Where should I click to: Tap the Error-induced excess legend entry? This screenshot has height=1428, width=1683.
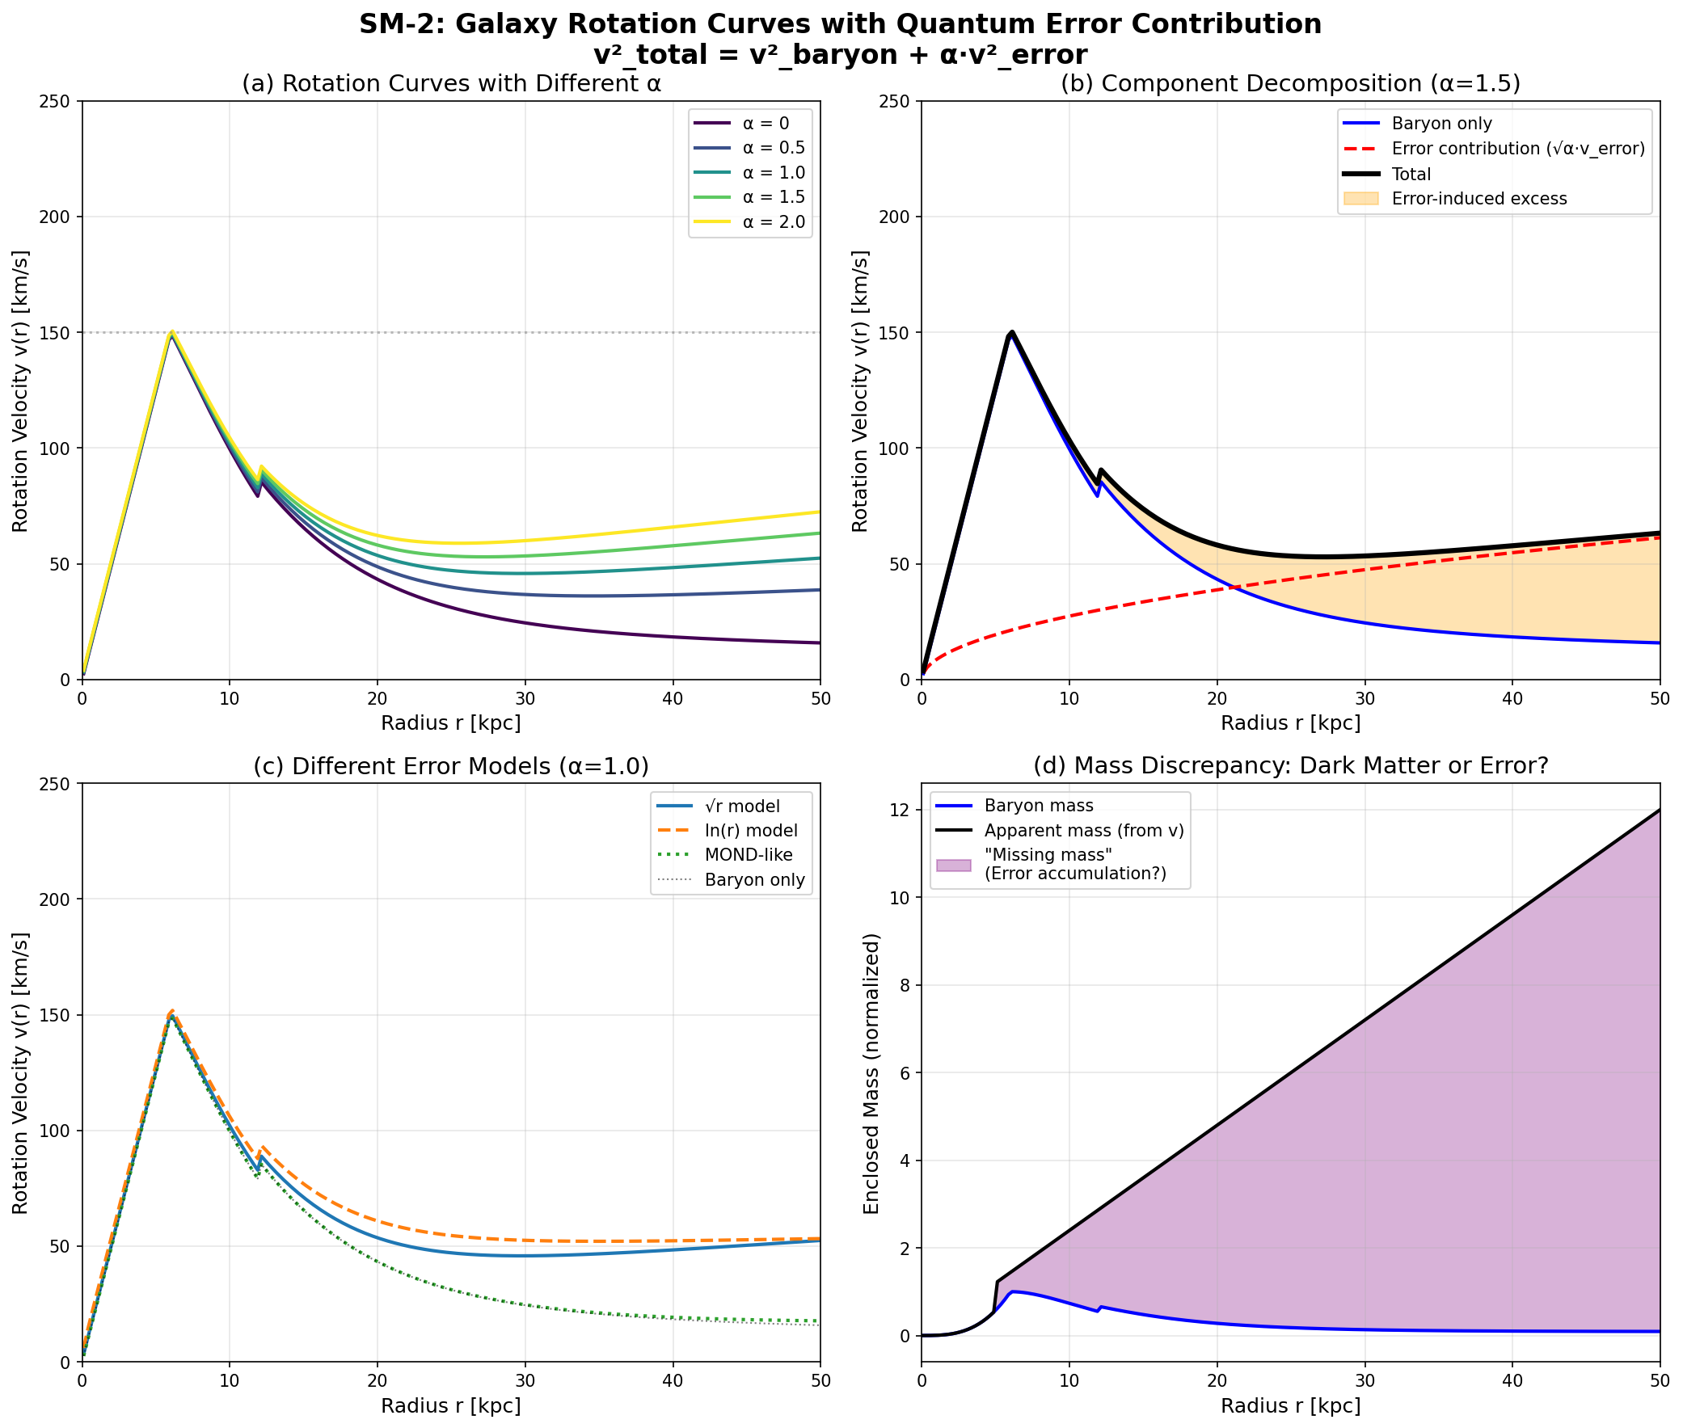(x=1479, y=198)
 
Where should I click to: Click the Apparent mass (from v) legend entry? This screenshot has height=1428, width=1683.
(x=1083, y=831)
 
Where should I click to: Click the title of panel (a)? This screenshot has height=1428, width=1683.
(x=451, y=84)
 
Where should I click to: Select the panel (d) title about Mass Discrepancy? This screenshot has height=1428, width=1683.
(x=1290, y=766)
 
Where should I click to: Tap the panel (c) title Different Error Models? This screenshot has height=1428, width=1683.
(x=451, y=766)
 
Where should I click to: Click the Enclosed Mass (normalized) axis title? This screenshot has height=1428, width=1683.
(x=871, y=1073)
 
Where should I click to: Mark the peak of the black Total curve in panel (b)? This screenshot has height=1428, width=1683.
(x=1012, y=332)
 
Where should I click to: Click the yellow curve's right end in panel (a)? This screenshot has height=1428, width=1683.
(x=819, y=512)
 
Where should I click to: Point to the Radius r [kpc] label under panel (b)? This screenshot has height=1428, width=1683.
(x=1290, y=723)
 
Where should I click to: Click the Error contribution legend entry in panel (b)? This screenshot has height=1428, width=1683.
(x=1517, y=149)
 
